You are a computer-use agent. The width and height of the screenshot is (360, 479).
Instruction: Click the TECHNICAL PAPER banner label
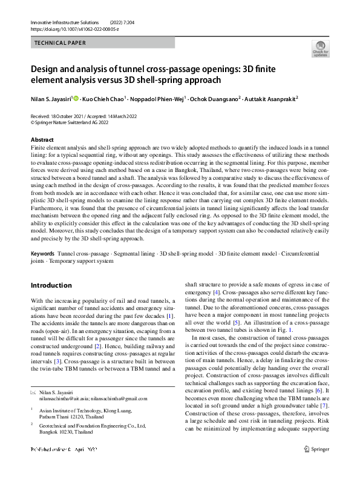click(60, 43)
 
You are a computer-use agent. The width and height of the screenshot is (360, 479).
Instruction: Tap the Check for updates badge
click(320, 48)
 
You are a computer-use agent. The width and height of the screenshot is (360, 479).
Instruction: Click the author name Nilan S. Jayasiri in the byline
click(51, 98)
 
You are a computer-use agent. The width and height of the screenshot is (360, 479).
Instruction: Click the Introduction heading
click(51, 285)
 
